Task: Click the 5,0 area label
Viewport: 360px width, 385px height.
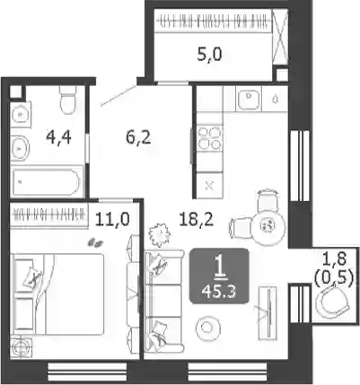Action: point(209,55)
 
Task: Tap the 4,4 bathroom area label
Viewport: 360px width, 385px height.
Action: point(58,137)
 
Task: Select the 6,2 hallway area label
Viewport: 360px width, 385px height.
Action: point(138,138)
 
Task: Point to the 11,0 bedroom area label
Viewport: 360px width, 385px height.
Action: point(112,219)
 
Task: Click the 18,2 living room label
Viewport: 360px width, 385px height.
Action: point(197,220)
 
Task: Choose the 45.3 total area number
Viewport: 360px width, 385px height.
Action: point(219,291)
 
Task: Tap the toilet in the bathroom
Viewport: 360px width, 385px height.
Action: point(67,100)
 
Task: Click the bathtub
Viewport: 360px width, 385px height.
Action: point(47,181)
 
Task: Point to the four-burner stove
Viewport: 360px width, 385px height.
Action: point(210,138)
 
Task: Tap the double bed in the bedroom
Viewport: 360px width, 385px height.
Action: point(57,294)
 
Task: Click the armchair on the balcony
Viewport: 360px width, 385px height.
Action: point(333,302)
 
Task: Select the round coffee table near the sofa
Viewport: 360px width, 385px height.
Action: point(207,328)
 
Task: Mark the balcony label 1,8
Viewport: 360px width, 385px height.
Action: point(335,258)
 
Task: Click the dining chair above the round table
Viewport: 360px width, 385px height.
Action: point(268,200)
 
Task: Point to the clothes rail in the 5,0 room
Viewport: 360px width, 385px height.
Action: point(214,22)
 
